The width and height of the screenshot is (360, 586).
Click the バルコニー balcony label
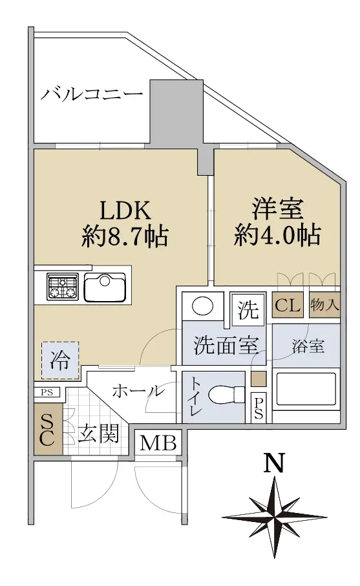click(x=92, y=93)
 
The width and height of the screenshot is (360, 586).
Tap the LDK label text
click(x=125, y=211)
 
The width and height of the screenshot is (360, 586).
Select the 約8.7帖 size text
click(x=125, y=236)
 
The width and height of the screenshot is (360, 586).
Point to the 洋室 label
click(x=277, y=209)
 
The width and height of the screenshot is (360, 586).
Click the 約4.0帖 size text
click(x=277, y=235)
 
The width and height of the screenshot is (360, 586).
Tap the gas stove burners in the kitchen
click(x=63, y=286)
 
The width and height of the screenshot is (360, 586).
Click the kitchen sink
click(x=105, y=287)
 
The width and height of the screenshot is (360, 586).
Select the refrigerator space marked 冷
click(x=60, y=361)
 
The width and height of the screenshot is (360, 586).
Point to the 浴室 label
click(x=308, y=346)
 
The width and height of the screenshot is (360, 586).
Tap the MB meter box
click(x=158, y=443)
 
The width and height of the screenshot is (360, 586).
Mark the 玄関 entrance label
click(x=99, y=434)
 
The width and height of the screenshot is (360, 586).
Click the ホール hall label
click(x=138, y=392)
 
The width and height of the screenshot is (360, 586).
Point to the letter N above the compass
click(x=275, y=463)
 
